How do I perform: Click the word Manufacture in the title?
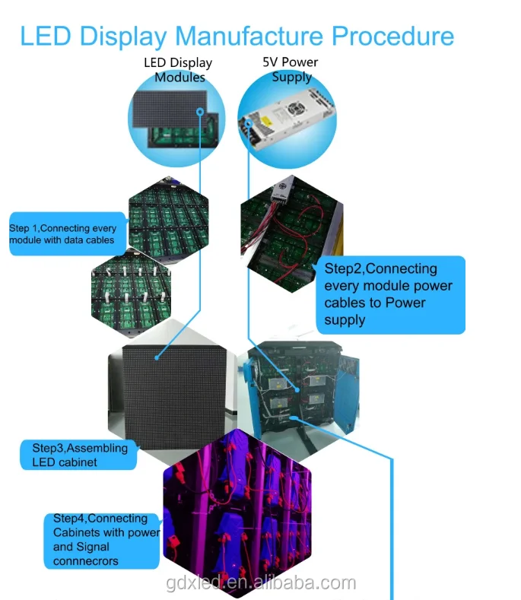tap(249, 37)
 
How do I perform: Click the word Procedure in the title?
tap(392, 37)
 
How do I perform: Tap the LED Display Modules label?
tap(179, 70)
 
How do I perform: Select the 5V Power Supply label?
tap(291, 69)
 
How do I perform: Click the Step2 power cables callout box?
tap(390, 294)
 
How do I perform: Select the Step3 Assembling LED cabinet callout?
tap(79, 455)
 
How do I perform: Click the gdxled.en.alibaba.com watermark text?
tap(261, 583)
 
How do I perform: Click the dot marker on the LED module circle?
tap(200, 112)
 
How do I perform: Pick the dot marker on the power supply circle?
tap(249, 123)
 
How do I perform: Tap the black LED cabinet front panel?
tap(174, 397)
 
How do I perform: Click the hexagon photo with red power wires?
tap(292, 233)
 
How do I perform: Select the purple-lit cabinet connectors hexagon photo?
tap(237, 513)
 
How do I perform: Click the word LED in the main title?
tap(46, 37)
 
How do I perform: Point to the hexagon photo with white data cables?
tap(132, 293)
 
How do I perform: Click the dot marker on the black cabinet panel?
tap(157, 357)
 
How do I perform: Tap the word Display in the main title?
tap(123, 37)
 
